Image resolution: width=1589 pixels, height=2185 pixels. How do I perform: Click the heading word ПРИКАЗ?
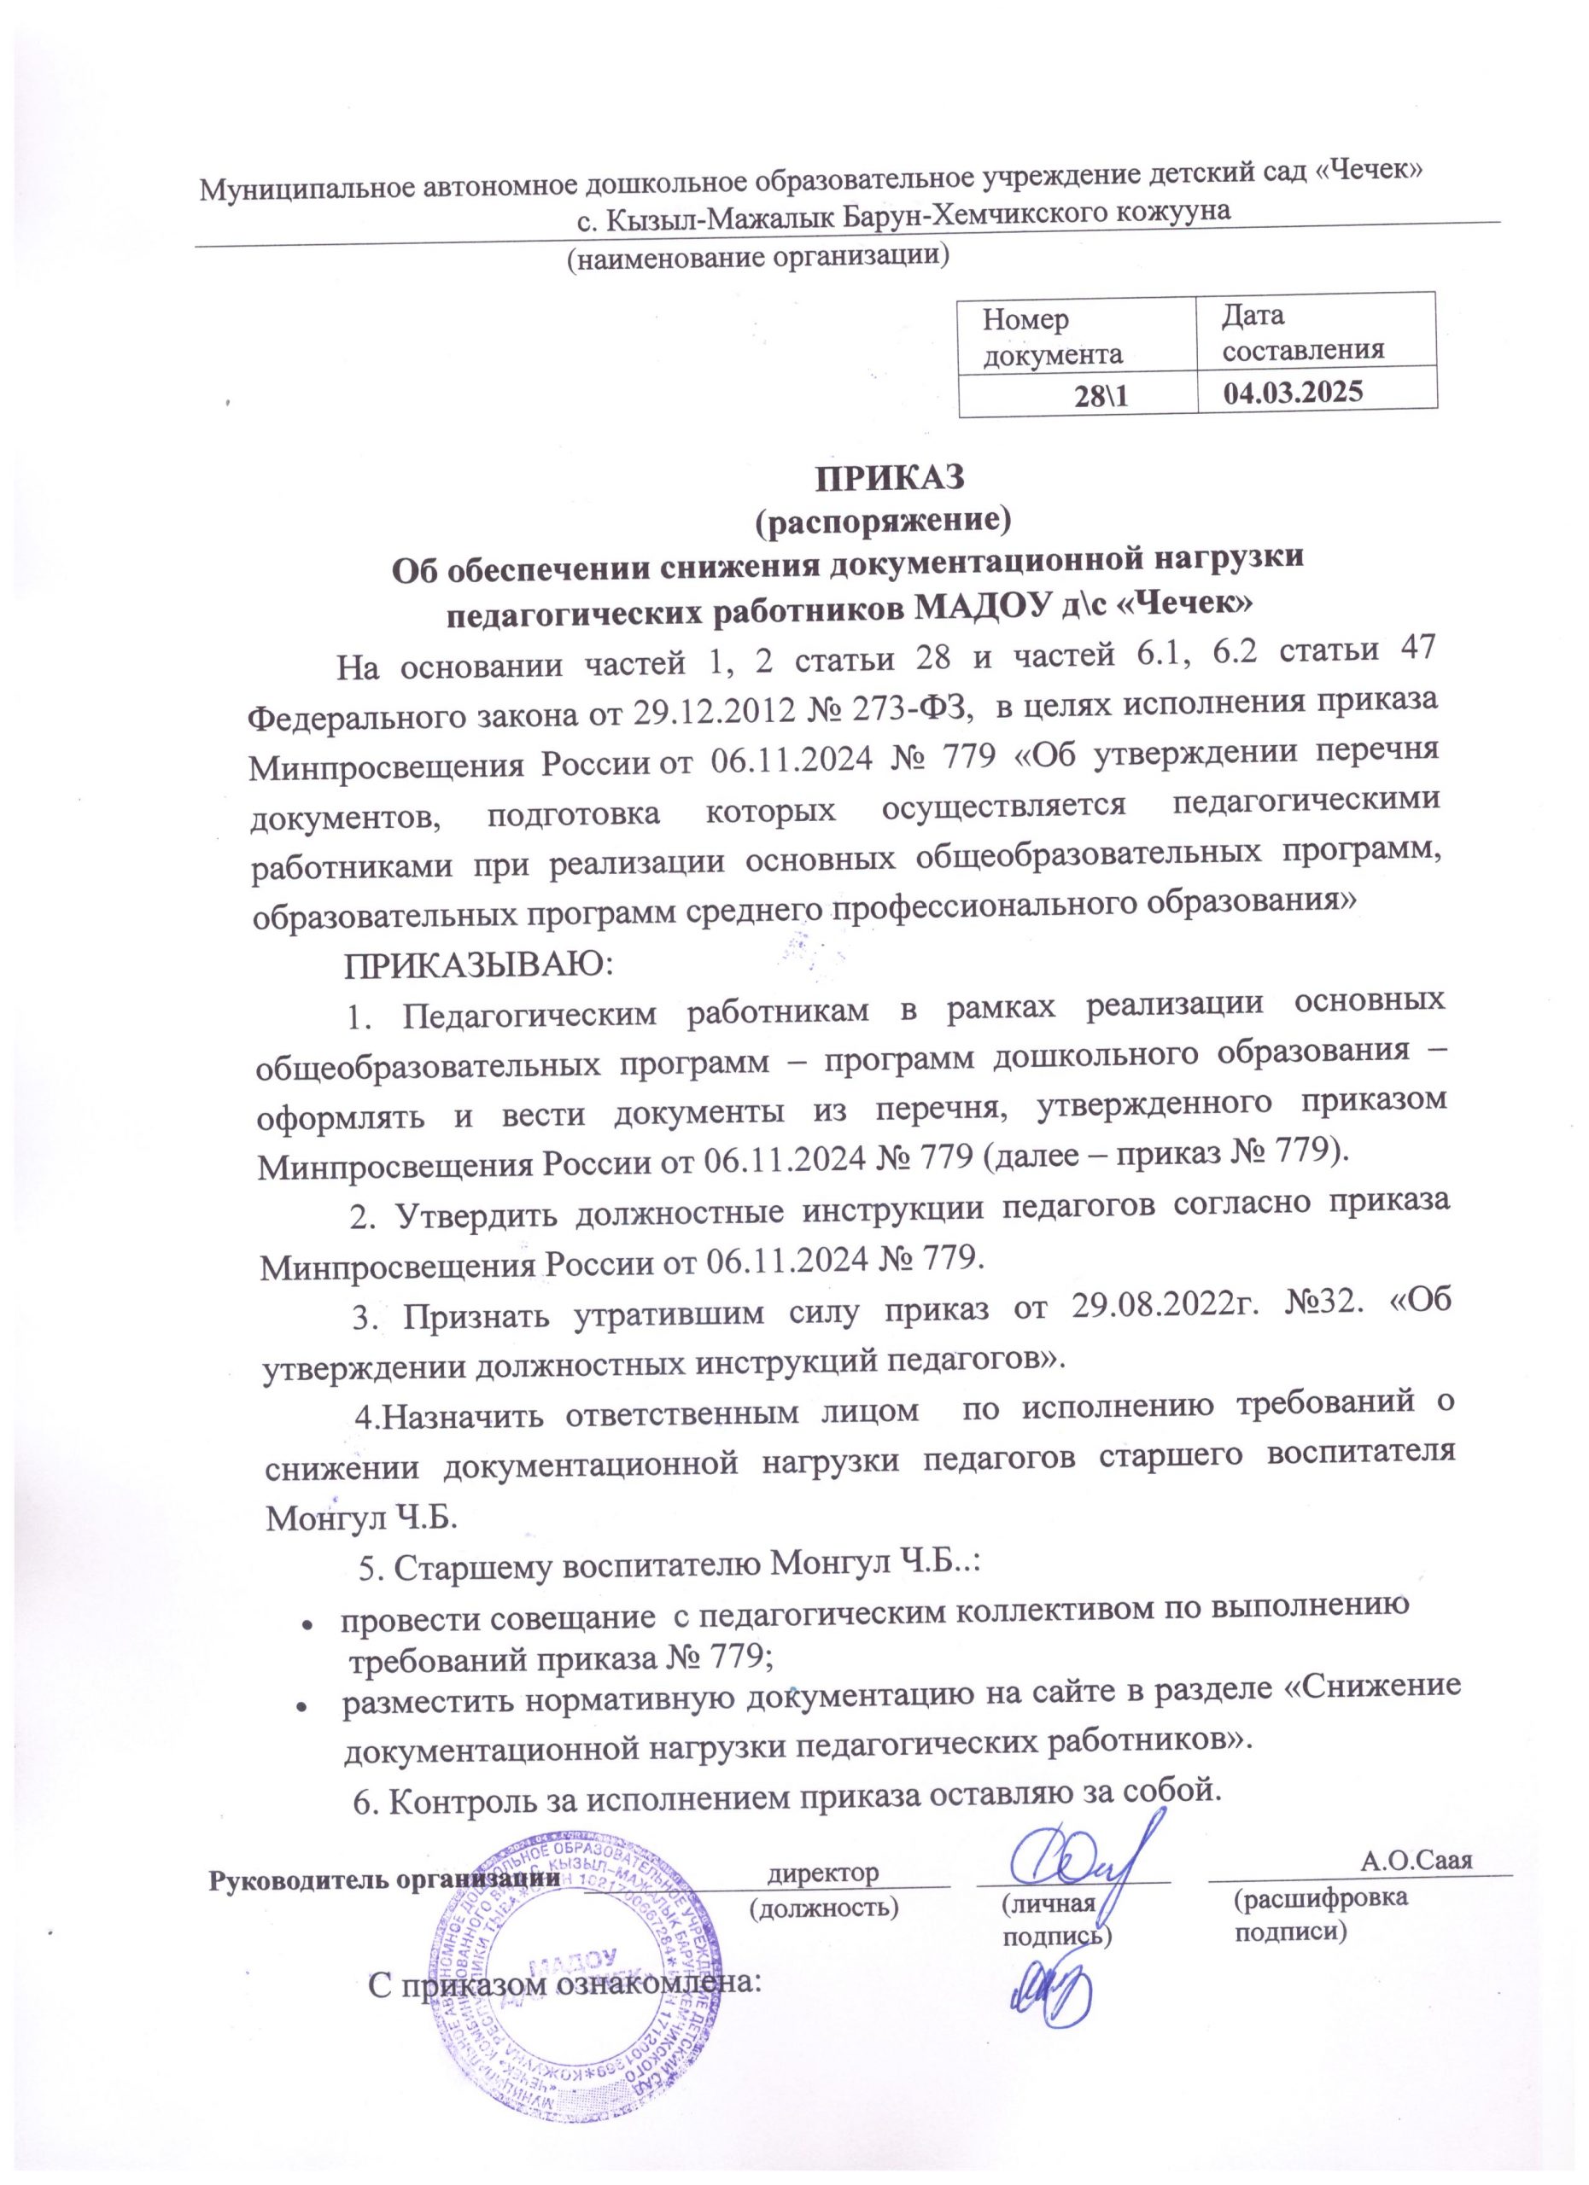pyautogui.click(x=891, y=479)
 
